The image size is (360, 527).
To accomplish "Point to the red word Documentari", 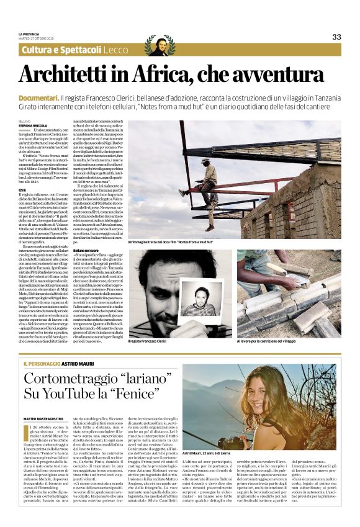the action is point(38,99).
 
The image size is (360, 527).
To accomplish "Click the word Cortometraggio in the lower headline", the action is point(68,380).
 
